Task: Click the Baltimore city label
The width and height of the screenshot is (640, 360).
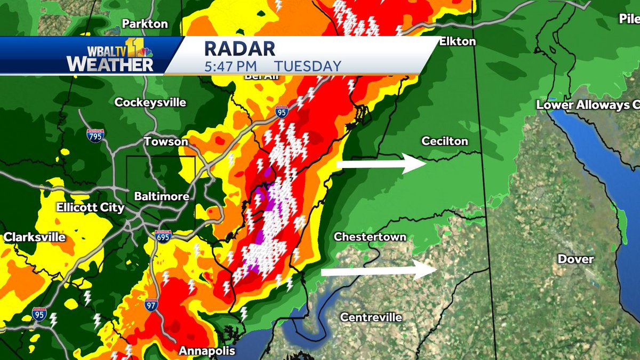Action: pos(162,197)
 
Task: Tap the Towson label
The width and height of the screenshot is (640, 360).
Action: pos(166,142)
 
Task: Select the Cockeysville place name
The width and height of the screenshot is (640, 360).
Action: pos(150,102)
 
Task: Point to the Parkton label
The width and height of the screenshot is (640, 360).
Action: pos(145,24)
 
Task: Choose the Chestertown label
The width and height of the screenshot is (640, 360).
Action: pos(370,237)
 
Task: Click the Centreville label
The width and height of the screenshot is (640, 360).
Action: pos(371,317)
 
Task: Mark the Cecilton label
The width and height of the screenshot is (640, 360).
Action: pos(445,141)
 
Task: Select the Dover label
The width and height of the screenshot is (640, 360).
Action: pos(575,259)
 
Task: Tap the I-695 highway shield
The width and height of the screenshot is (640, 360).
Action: pos(163,237)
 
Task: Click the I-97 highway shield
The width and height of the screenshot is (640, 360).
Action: pos(151,305)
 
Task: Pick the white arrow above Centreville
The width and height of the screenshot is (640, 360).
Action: pos(379,271)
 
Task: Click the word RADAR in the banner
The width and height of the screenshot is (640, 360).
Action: pos(239,49)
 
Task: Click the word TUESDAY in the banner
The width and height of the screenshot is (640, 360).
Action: pos(308,67)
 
